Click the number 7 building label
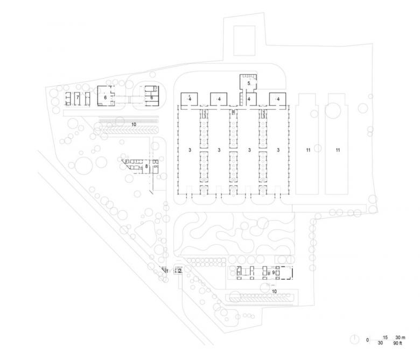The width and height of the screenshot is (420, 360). point(78,97)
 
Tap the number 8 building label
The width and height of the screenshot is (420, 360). point(146,167)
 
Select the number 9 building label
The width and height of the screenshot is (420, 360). point(274,273)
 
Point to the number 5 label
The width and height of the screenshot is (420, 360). point(249,83)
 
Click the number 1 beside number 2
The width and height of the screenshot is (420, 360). point(167,271)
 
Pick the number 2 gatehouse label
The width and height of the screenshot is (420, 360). point(179,271)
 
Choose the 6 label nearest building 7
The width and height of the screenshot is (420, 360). point(106,97)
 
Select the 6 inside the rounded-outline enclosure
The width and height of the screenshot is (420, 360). point(152,97)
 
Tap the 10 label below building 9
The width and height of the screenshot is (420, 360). point(274,291)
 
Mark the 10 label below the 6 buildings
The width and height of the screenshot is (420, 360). point(133,124)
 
